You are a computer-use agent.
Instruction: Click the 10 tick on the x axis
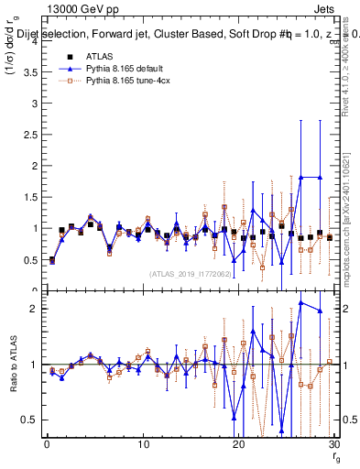pyautogui.click(x=143, y=444)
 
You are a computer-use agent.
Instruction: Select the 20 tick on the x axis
pyautogui.click(x=239, y=444)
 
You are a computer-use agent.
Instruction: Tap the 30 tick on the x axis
pyautogui.click(x=334, y=444)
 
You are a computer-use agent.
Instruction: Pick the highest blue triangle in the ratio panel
pyautogui.click(x=300, y=302)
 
